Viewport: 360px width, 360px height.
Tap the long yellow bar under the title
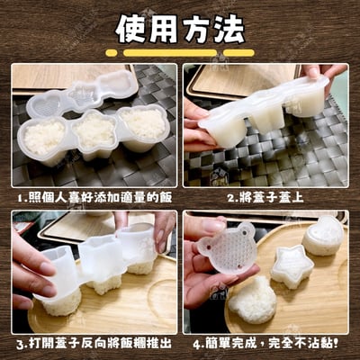(170, 53)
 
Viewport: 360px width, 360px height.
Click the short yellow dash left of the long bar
(112, 53)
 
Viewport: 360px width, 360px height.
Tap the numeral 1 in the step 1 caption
(20, 198)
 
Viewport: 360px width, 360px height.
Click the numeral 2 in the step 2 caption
(230, 198)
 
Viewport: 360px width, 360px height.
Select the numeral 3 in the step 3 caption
(20, 345)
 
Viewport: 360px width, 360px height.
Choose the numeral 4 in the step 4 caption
(197, 345)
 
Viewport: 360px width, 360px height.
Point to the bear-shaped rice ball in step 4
(253, 300)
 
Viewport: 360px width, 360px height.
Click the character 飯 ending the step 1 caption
(165, 197)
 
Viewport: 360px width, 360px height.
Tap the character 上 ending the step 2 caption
(297, 197)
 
